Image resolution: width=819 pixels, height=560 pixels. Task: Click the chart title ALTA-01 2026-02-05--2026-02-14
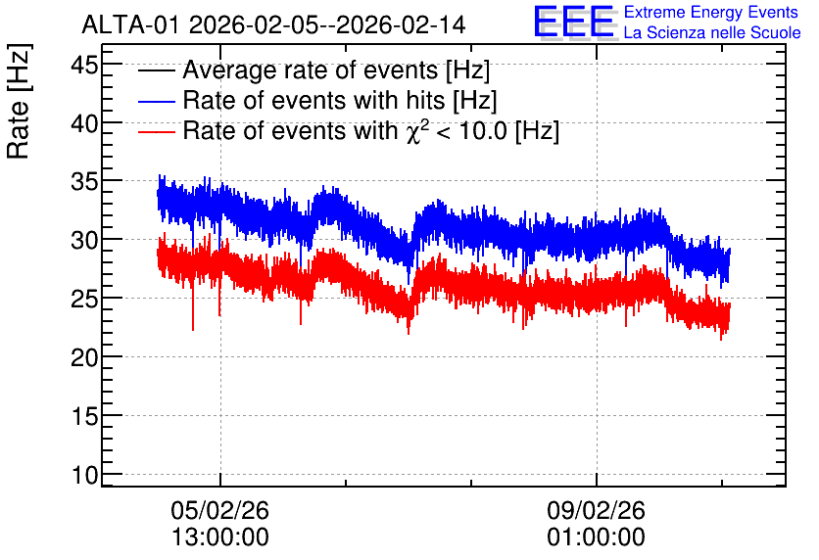coord(273,24)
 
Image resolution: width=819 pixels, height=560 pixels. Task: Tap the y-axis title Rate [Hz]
coord(19,101)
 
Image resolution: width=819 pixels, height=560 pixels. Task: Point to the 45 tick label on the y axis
coord(84,67)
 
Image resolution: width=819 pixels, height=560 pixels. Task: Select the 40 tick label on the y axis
coord(84,124)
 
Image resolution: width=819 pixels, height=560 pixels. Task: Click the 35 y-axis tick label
coord(84,183)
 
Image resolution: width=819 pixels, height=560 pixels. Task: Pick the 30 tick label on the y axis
coord(84,242)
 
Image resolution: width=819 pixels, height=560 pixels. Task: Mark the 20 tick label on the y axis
coord(84,358)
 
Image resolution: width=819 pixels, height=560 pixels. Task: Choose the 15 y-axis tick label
coord(84,417)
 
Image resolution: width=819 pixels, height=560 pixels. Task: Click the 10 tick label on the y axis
coord(84,476)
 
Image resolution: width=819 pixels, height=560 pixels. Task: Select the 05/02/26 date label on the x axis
coord(219,510)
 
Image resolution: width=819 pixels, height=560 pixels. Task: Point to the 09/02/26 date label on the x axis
coord(596,510)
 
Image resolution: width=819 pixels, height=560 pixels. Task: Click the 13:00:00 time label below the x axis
coord(219,537)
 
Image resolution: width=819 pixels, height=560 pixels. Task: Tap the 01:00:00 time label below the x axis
coord(596,537)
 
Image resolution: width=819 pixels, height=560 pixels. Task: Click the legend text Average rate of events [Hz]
coord(336,70)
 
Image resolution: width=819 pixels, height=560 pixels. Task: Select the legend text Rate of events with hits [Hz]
coord(340,100)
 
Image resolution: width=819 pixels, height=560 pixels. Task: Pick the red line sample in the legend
coord(156,131)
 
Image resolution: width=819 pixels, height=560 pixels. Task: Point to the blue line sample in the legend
coord(156,101)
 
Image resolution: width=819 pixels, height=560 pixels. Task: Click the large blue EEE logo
coord(574,22)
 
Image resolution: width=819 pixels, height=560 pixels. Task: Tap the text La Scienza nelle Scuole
coord(712,32)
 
